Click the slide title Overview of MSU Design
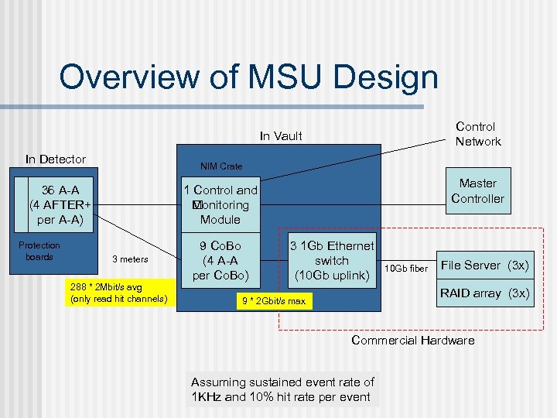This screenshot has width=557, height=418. [x=248, y=77]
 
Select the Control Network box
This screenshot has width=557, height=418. [x=477, y=134]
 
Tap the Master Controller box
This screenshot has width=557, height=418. [x=477, y=190]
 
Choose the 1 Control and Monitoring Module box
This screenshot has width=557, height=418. [x=220, y=204]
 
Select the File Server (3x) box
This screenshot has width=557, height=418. [x=484, y=266]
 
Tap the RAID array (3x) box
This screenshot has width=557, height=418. [x=484, y=293]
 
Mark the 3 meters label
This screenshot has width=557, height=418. [x=131, y=259]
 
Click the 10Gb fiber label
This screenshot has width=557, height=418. [x=407, y=268]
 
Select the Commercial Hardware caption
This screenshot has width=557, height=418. [x=413, y=341]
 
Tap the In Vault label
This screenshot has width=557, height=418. [x=281, y=136]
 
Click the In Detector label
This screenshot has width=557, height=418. [x=56, y=159]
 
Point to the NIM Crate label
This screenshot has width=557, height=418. [x=220, y=166]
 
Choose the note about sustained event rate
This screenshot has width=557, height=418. [x=282, y=389]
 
